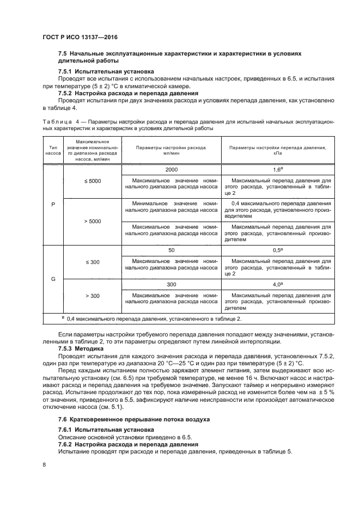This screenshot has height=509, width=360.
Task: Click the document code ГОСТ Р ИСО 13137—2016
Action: (x=80, y=37)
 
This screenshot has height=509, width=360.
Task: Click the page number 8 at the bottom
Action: (x=44, y=464)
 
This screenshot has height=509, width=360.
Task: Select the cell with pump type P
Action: (x=53, y=206)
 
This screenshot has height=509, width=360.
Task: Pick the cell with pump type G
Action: (x=53, y=279)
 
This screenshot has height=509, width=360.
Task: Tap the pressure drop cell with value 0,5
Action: (x=277, y=250)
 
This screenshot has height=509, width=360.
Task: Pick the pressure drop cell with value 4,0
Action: (x=277, y=284)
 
